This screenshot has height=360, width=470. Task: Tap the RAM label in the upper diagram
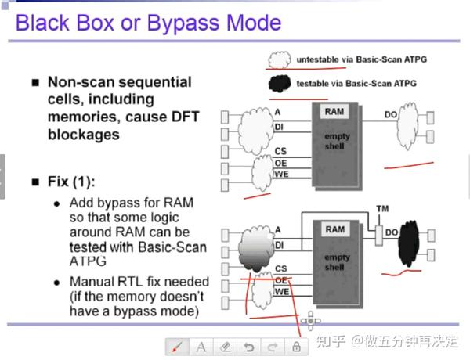(x=334, y=112)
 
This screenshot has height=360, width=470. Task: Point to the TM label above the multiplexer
(x=381, y=209)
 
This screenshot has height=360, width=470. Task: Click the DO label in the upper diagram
(x=391, y=116)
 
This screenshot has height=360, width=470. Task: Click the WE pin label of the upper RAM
(x=281, y=174)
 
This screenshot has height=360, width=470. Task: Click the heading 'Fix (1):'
(x=73, y=182)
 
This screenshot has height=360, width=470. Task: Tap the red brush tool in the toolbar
(x=177, y=345)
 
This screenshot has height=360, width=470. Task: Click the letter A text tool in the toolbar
(x=201, y=345)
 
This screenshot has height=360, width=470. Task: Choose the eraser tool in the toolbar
(x=225, y=345)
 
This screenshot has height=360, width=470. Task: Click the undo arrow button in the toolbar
(x=248, y=345)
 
